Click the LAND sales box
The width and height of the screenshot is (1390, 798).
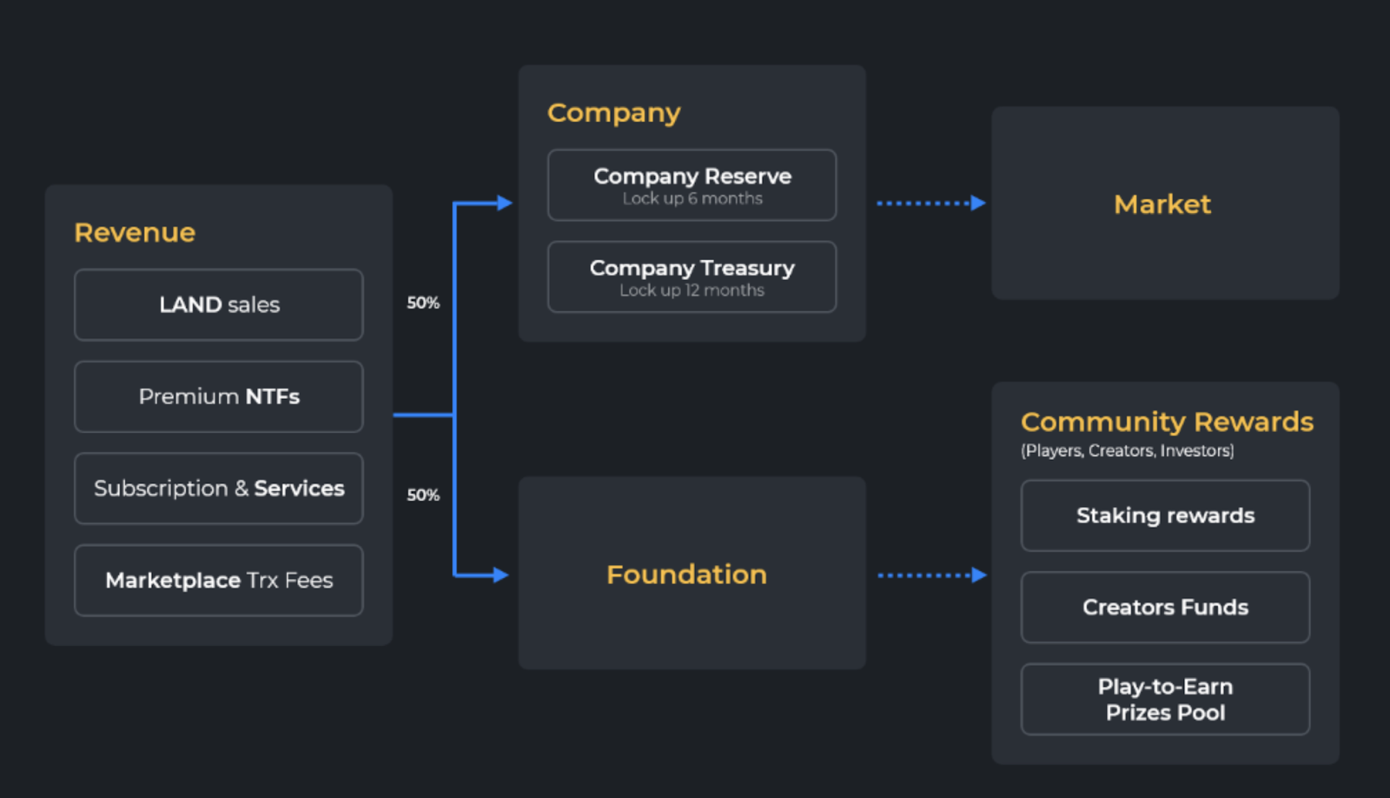[x=219, y=305]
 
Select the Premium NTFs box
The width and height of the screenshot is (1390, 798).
[x=219, y=397]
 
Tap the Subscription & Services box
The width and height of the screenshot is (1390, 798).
[x=219, y=489]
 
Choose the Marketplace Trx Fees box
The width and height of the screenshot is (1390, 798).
[x=219, y=581]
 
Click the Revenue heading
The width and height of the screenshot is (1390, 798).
[x=135, y=233]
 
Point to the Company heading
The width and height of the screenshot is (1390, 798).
[x=613, y=113]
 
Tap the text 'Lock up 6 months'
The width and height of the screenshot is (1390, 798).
[x=692, y=199]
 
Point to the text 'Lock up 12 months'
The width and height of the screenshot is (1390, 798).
[x=692, y=290]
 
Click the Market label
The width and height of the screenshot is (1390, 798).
[x=1162, y=204]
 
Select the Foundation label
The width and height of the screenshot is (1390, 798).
[x=686, y=575]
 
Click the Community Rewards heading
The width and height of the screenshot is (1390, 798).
[x=1167, y=422]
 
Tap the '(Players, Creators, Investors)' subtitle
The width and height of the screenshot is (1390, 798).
[x=1127, y=451]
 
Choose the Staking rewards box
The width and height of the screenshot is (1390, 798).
[x=1165, y=516]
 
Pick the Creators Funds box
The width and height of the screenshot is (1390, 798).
[x=1165, y=608]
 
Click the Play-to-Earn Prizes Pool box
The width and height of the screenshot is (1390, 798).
[x=1165, y=700]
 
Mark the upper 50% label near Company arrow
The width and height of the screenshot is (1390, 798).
[x=423, y=303]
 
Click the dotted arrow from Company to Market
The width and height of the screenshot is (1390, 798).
[x=930, y=203]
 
